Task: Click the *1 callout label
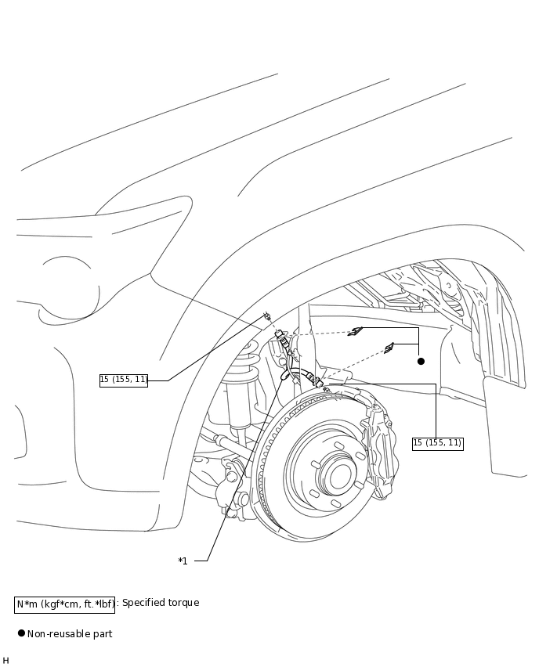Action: pyautogui.click(x=183, y=561)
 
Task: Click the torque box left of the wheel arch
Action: pyautogui.click(x=124, y=380)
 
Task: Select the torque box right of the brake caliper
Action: pyautogui.click(x=438, y=443)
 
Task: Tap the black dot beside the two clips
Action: pyautogui.click(x=421, y=361)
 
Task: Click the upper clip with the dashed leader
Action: pyautogui.click(x=355, y=331)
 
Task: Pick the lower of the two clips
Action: pyautogui.click(x=389, y=348)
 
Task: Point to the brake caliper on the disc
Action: pyautogui.click(x=379, y=451)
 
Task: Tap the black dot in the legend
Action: pyautogui.click(x=21, y=633)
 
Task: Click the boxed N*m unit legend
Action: pyautogui.click(x=65, y=604)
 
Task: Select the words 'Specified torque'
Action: pyautogui.click(x=161, y=603)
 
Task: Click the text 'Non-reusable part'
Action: pyautogui.click(x=70, y=634)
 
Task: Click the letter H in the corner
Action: pyautogui.click(x=5, y=660)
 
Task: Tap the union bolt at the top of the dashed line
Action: pyautogui.click(x=267, y=316)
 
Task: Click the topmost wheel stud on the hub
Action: pyautogui.click(x=339, y=445)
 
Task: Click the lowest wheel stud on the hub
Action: pyautogui.click(x=336, y=503)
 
